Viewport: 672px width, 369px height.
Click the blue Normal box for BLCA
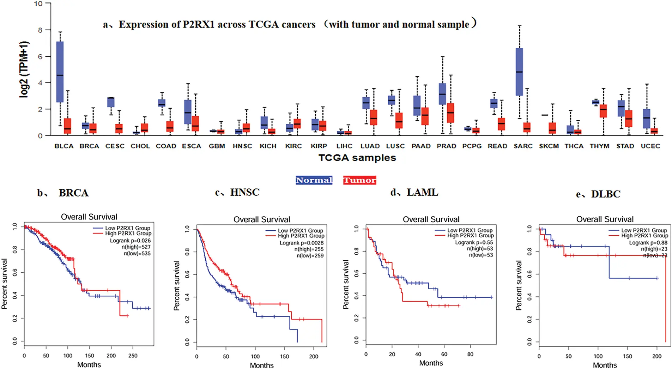click(60, 72)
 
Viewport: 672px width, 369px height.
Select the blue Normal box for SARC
click(519, 72)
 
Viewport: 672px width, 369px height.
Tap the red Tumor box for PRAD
click(450, 113)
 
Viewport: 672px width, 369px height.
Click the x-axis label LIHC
click(344, 146)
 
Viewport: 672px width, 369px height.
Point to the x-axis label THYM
click(599, 146)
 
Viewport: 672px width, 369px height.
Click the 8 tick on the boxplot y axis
click(40, 30)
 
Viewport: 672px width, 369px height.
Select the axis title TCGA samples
click(357, 158)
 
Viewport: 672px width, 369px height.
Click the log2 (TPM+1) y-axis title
click(24, 69)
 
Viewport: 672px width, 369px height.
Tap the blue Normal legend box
click(314, 180)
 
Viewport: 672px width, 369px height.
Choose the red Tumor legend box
click(360, 180)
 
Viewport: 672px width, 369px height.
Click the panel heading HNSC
click(244, 193)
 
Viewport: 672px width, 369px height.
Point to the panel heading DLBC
click(605, 194)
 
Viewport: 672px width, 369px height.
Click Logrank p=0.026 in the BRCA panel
click(130, 241)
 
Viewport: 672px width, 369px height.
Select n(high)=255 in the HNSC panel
click(309, 249)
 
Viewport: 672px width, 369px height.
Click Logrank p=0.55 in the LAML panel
click(474, 243)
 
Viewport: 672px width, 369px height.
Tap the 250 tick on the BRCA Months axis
click(133, 356)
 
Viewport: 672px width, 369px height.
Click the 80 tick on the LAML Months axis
click(470, 355)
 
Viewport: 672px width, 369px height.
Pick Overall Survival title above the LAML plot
click(431, 219)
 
